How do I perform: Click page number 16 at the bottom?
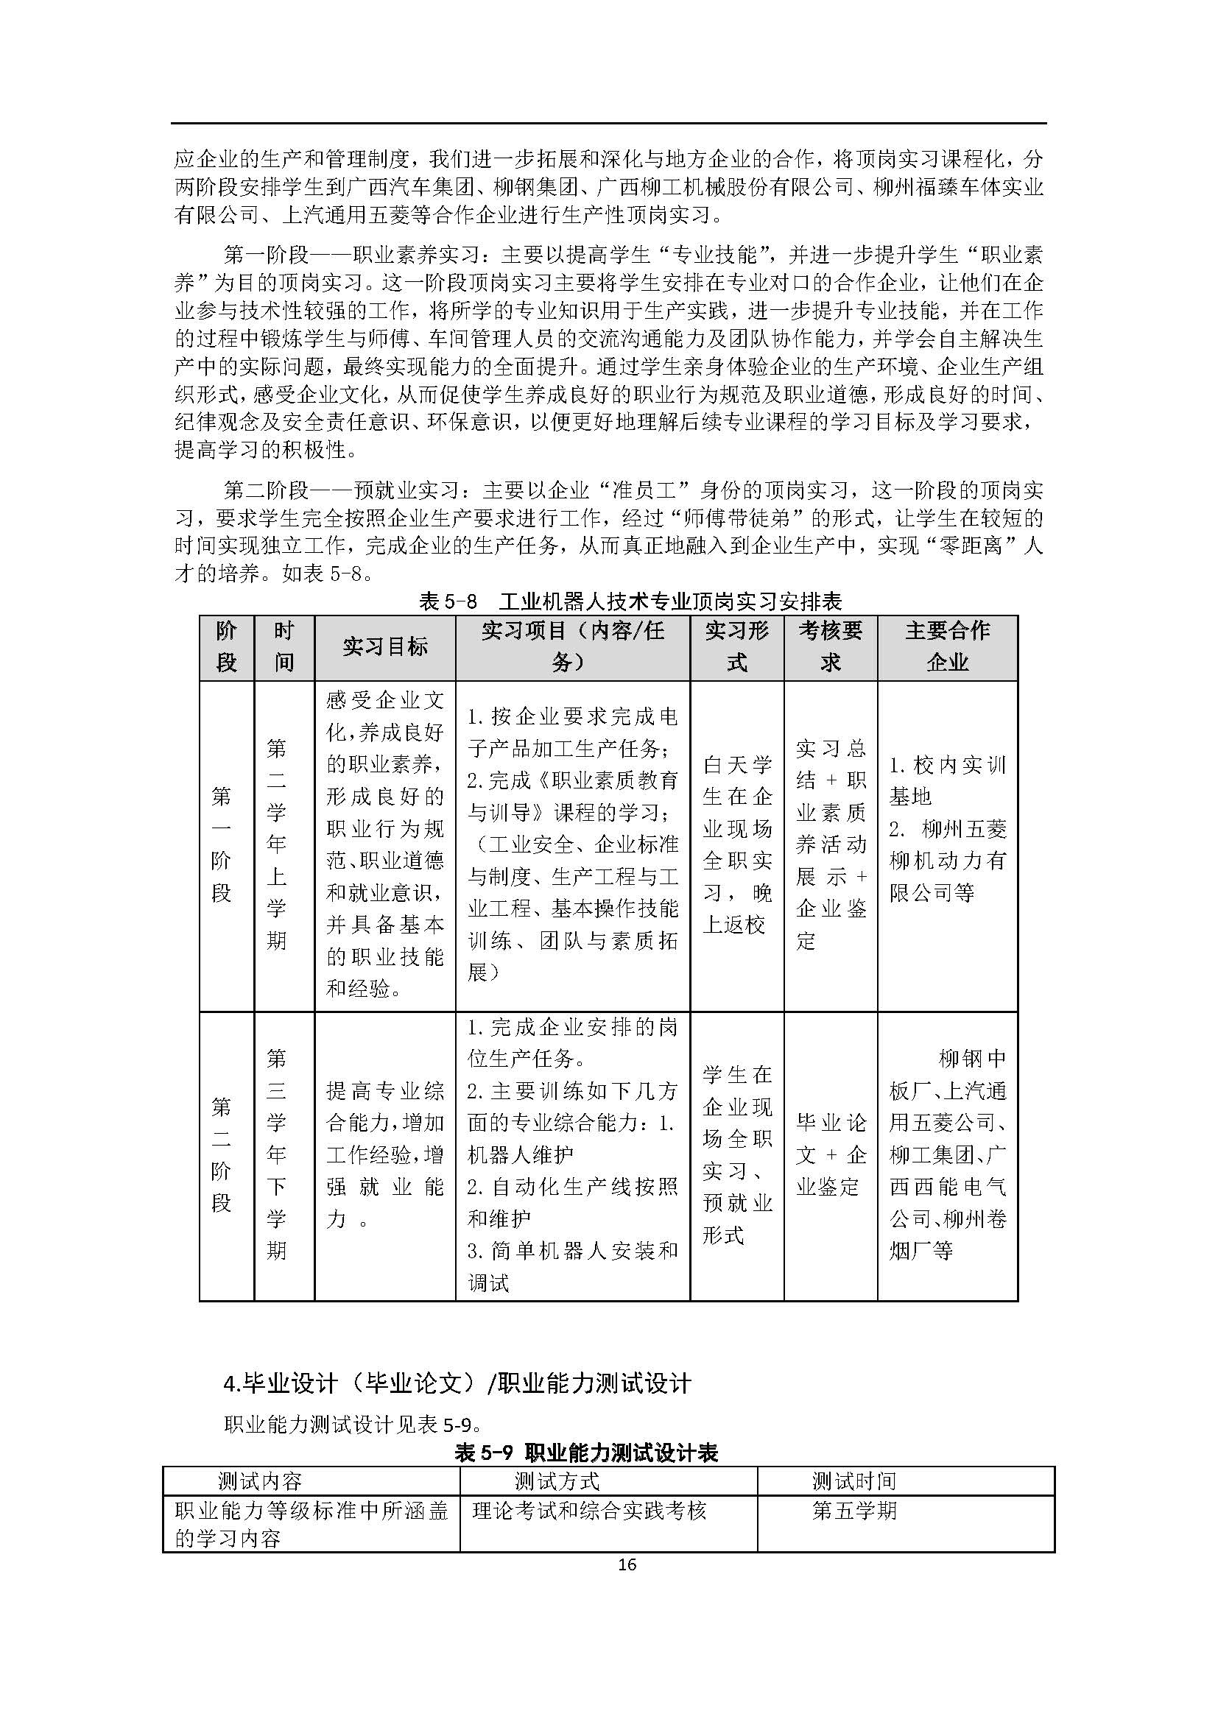627,1564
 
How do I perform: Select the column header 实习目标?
384,646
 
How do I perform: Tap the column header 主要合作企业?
947,646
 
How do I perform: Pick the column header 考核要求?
830,646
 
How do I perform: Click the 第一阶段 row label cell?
221,844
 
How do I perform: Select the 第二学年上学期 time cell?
277,844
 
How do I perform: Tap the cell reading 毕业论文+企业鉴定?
830,1154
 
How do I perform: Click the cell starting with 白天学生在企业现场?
737,844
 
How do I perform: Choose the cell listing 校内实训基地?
947,829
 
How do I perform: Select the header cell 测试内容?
260,1481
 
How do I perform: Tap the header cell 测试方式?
557,1481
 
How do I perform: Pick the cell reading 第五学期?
854,1510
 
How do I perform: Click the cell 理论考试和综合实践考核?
590,1510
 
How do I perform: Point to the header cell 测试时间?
854,1481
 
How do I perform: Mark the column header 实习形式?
737,646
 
